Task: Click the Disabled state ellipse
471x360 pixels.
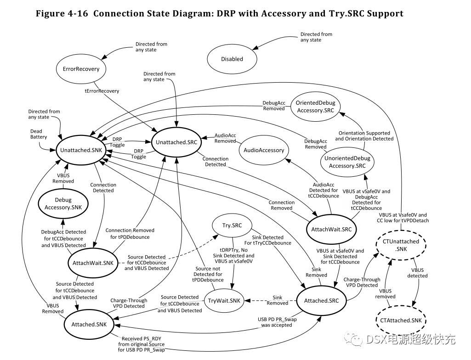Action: (x=232, y=59)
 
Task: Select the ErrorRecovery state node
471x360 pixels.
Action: (x=81, y=69)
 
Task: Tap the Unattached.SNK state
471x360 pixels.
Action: (x=80, y=150)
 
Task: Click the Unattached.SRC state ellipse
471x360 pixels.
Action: (x=176, y=142)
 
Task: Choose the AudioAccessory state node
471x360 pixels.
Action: (x=264, y=150)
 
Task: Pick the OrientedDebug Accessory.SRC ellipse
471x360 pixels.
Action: (x=315, y=107)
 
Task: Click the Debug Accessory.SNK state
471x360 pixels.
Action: (x=64, y=204)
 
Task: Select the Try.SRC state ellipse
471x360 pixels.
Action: (x=233, y=225)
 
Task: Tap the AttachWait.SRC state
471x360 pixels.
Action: (x=331, y=229)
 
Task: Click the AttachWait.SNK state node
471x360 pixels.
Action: (x=92, y=263)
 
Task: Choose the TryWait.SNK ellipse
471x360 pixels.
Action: (x=224, y=301)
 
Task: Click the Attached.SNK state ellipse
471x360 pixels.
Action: (x=89, y=324)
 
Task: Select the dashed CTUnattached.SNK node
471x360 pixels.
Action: (x=394, y=245)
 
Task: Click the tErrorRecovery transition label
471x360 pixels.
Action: (x=102, y=91)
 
